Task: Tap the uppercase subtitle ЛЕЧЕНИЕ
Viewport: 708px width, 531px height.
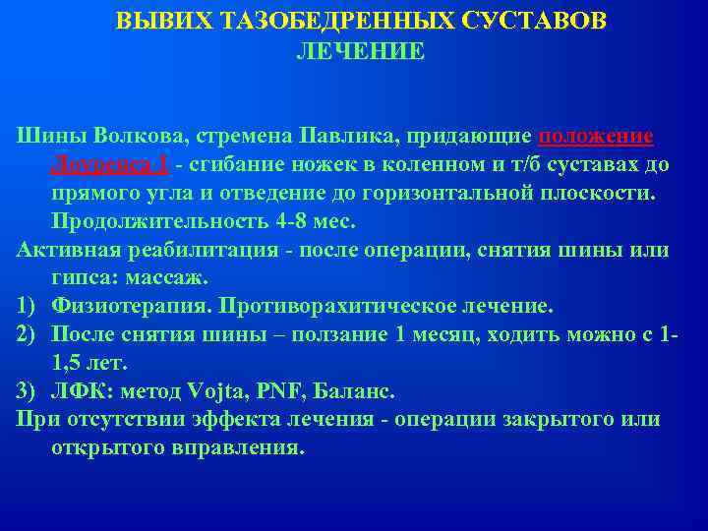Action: pyautogui.click(x=361, y=51)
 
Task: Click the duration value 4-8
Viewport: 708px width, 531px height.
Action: pyautogui.click(x=294, y=220)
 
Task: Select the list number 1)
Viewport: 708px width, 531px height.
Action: pyautogui.click(x=29, y=306)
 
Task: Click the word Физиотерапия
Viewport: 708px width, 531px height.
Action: pyautogui.click(x=130, y=306)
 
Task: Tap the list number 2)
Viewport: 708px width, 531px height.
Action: pyautogui.click(x=29, y=334)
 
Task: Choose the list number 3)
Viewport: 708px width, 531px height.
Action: pyautogui.click(x=29, y=391)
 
